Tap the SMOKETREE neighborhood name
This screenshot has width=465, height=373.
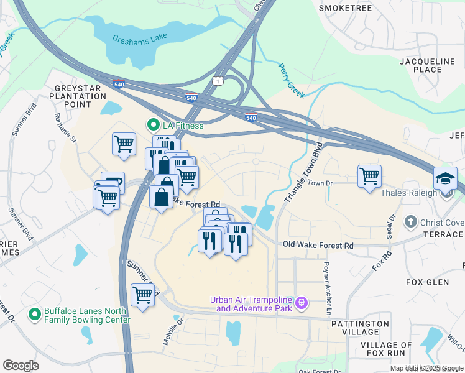point(345,8)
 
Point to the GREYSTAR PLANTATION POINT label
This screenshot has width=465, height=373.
point(81,96)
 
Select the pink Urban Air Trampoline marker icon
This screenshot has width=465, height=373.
point(302,303)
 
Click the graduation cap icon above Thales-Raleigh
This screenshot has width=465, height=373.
point(445,178)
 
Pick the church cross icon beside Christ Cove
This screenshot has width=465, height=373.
point(410,222)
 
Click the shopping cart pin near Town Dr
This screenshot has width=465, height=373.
point(369,177)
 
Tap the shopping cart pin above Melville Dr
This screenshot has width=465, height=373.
point(142,295)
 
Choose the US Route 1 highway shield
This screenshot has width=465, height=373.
point(217,81)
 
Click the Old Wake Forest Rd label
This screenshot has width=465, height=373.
point(318,246)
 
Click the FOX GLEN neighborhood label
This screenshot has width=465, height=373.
point(427,282)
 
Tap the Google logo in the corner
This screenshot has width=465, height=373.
point(21,366)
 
